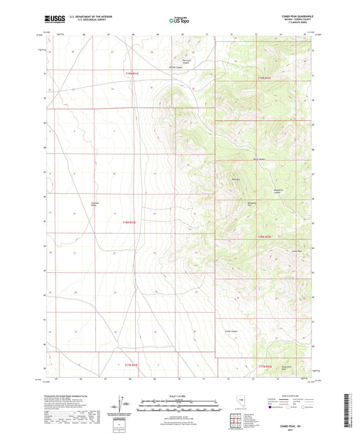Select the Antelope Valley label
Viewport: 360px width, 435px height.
[x=95, y=205]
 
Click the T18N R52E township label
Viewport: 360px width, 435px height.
[x=264, y=236]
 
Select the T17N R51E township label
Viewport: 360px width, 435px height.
[x=130, y=365]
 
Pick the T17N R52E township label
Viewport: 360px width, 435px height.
[x=264, y=365]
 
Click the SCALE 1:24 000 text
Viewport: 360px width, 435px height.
[x=179, y=396]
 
